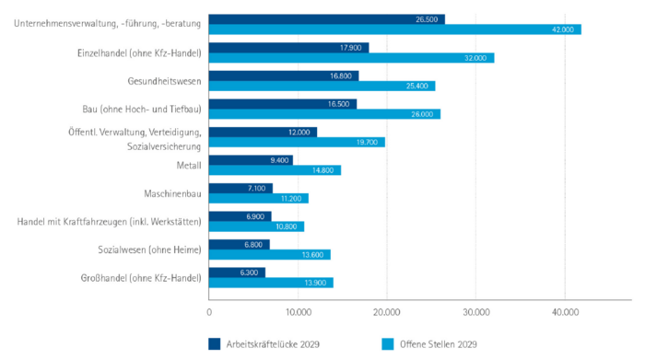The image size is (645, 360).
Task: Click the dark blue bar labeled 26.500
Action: click(x=327, y=19)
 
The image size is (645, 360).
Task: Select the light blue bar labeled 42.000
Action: click(x=395, y=30)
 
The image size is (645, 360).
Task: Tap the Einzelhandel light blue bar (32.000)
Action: click(x=351, y=58)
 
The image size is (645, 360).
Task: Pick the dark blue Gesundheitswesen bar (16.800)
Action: click(x=284, y=75)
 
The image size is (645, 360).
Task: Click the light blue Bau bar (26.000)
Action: click(x=324, y=114)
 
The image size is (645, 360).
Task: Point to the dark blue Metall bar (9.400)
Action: click(x=251, y=159)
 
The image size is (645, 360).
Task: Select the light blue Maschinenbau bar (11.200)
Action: click(x=258, y=198)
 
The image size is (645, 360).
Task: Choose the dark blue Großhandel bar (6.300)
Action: click(x=237, y=272)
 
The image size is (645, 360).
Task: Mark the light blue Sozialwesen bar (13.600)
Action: click(x=269, y=255)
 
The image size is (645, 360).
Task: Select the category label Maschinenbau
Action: click(x=172, y=193)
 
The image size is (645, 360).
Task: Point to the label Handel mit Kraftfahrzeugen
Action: click(x=109, y=221)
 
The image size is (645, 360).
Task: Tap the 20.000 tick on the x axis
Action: click(x=387, y=312)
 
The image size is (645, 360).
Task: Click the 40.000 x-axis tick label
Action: click(x=565, y=312)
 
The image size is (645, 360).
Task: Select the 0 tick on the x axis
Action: click(x=210, y=312)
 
